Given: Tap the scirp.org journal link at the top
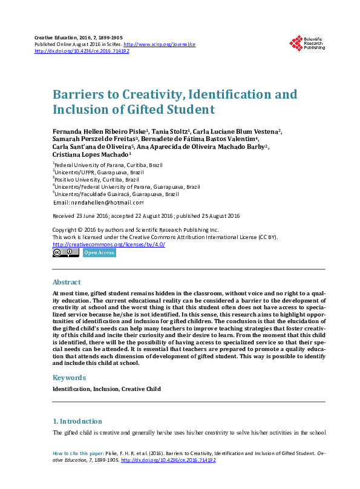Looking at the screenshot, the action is (160, 44).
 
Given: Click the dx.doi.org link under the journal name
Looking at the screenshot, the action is (82, 51).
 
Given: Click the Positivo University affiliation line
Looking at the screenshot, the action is (97, 179).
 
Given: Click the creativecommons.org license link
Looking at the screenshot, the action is (108, 244).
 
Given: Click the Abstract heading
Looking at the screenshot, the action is (67, 282).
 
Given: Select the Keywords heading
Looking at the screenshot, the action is (70, 377).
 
